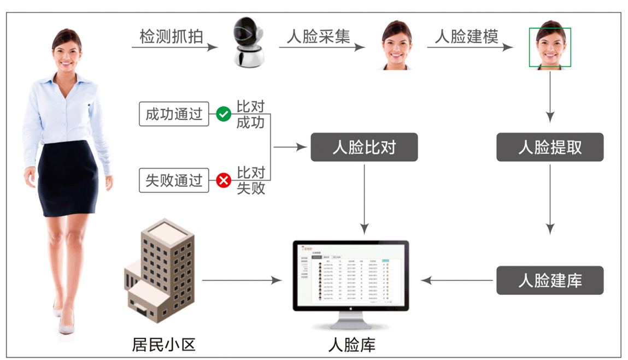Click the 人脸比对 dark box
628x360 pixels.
pos(364,147)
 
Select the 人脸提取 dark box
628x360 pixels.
pos(550,147)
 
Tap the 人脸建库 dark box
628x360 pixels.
pos(550,280)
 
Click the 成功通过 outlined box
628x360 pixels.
pos(174,114)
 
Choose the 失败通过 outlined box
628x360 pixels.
pos(174,180)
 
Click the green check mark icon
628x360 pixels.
pos(224,114)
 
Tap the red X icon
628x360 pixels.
pos(224,180)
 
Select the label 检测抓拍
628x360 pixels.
pos(172,37)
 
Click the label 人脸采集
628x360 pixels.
pos(319,37)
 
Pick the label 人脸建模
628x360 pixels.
pos(467,37)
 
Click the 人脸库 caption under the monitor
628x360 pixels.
pos(351,345)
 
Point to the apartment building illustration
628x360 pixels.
pos(160,270)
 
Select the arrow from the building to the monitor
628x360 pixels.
pos(241,280)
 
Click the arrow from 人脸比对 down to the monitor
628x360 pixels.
pos(364,197)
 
